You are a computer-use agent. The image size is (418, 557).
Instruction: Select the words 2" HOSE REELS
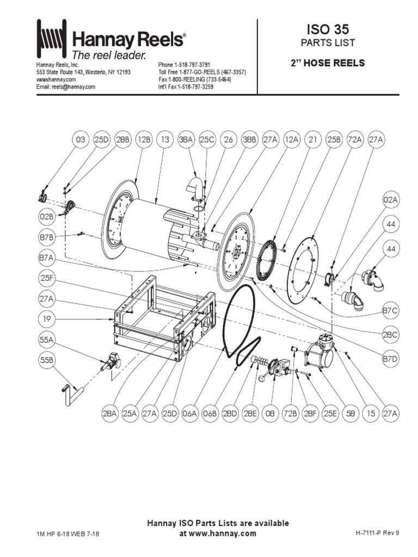click(328, 63)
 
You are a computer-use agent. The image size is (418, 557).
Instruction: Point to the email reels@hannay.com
click(66, 86)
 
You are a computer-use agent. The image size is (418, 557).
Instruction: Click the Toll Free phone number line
click(202, 72)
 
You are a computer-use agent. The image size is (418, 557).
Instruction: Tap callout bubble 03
click(80, 140)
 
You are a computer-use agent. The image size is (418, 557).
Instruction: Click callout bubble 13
click(165, 140)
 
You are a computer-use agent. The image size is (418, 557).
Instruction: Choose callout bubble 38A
click(186, 140)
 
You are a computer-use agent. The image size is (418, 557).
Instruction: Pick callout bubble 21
click(312, 140)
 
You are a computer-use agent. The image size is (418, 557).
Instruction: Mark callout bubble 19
click(46, 317)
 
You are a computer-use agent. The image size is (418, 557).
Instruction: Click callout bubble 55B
click(46, 360)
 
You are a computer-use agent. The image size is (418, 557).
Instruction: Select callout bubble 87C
click(391, 310)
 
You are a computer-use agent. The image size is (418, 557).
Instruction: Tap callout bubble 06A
click(189, 414)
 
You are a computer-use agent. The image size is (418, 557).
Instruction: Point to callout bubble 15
click(370, 414)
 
